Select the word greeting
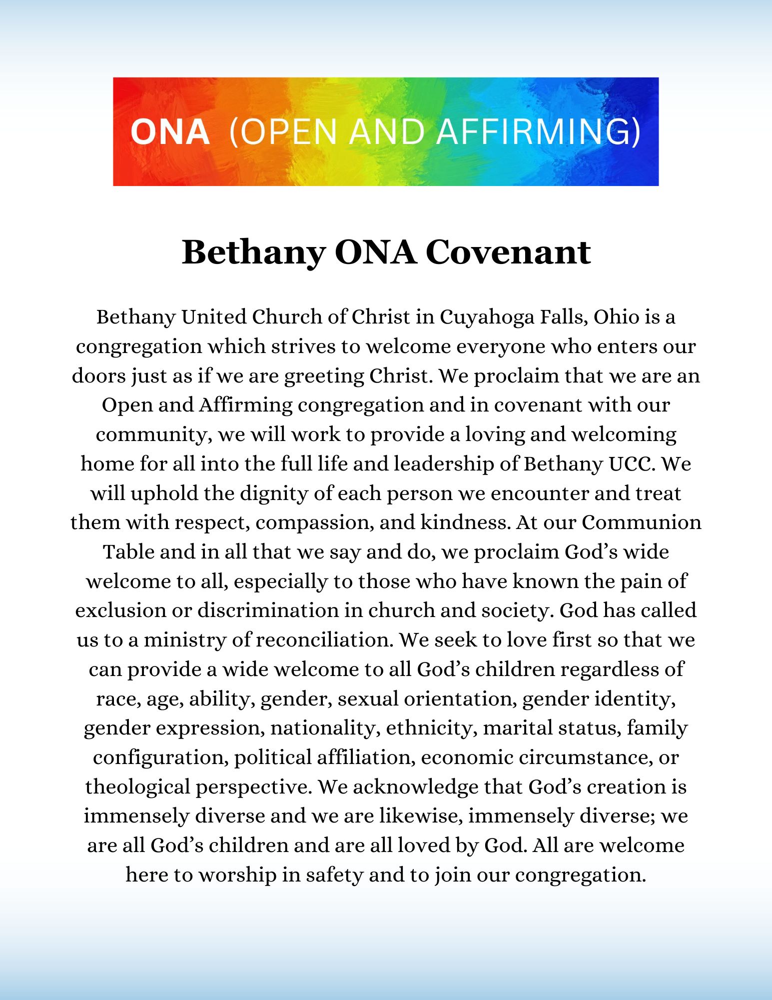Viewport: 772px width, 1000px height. [324, 376]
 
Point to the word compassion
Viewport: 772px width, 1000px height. [314, 523]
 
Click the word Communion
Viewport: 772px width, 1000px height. [641, 522]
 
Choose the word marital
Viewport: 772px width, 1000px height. [515, 728]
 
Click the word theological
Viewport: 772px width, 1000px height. [138, 787]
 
